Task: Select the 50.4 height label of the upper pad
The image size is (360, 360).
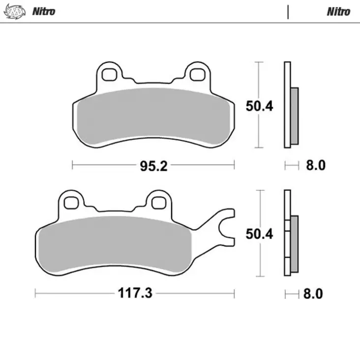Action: (259, 106)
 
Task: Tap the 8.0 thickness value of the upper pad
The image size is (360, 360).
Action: (316, 165)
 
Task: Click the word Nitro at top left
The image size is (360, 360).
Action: (44, 11)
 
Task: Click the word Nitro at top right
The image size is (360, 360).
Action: (338, 11)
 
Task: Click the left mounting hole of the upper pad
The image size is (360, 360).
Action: (109, 74)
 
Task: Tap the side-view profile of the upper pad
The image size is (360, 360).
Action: (288, 105)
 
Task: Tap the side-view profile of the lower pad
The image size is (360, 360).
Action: (288, 234)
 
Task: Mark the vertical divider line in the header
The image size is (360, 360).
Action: (288, 11)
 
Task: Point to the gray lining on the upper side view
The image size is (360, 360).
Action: (294, 116)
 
